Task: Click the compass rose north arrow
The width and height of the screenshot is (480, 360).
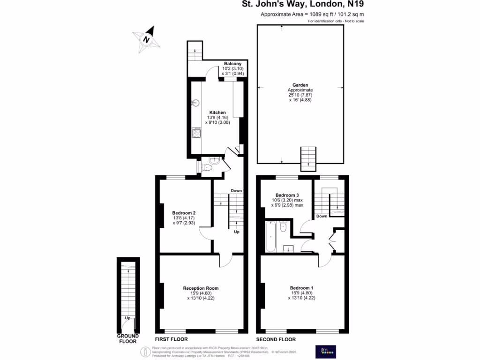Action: pos(147,39)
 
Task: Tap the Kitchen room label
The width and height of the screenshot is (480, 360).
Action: pos(217,112)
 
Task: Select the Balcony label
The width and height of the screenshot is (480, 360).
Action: pos(232,64)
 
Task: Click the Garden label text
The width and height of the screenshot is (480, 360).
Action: pos(300,85)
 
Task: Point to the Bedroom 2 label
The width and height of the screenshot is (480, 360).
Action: pos(184,213)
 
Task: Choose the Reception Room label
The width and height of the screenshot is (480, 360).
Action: pos(201,288)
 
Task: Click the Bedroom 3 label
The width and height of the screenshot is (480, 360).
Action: pos(287,195)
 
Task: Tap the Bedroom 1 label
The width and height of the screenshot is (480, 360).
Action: pos(301,288)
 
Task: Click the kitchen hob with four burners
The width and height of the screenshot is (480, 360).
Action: pos(195,133)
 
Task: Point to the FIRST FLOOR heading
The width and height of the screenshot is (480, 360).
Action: pos(172,339)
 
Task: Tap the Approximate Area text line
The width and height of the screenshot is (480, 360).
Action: pos(312,15)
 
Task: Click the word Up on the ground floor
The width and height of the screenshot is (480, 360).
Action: pos(127,318)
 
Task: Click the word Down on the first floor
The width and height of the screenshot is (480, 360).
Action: pos(236,190)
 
